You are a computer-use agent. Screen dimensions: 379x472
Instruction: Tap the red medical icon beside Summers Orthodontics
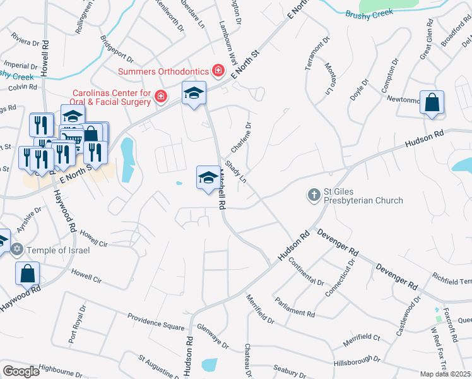(x=218, y=69)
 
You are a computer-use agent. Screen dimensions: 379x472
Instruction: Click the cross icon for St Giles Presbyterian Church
(x=314, y=195)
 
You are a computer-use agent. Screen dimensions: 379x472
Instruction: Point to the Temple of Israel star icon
(x=17, y=250)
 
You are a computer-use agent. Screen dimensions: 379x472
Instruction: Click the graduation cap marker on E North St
(x=194, y=93)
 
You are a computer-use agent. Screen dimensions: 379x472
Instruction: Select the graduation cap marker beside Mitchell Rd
(x=208, y=177)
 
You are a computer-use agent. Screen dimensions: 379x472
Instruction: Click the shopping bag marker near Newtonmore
(x=432, y=103)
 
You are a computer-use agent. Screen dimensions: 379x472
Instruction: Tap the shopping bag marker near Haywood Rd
(x=28, y=274)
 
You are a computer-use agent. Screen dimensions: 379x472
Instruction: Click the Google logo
(x=21, y=371)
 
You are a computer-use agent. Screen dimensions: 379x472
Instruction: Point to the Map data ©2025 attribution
(x=445, y=374)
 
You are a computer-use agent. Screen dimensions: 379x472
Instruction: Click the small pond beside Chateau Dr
(x=208, y=364)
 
